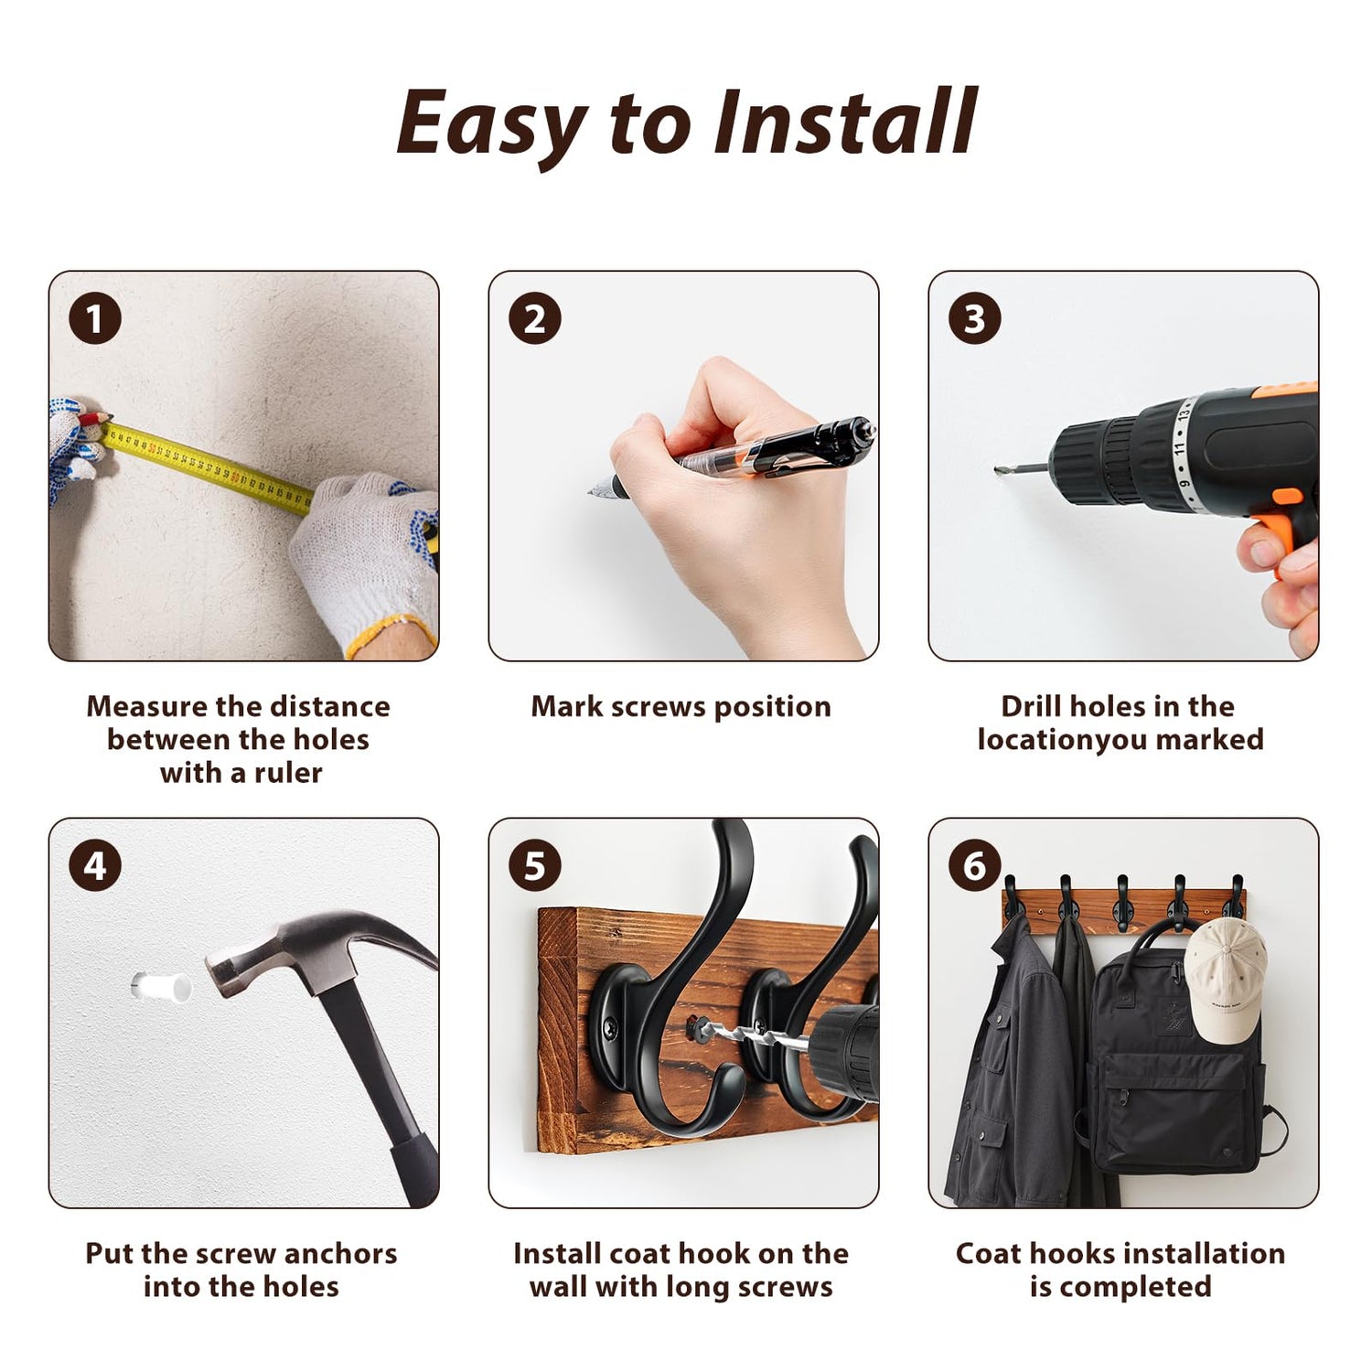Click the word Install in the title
click(x=846, y=122)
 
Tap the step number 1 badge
click(x=95, y=318)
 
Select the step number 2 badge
click(x=535, y=318)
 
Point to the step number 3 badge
click(x=975, y=318)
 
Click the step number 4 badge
click(x=95, y=865)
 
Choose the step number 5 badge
click(x=535, y=865)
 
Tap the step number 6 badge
click(x=975, y=865)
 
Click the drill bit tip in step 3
click(x=997, y=470)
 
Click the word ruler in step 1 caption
click(x=288, y=773)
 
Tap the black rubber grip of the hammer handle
click(x=413, y=1166)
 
